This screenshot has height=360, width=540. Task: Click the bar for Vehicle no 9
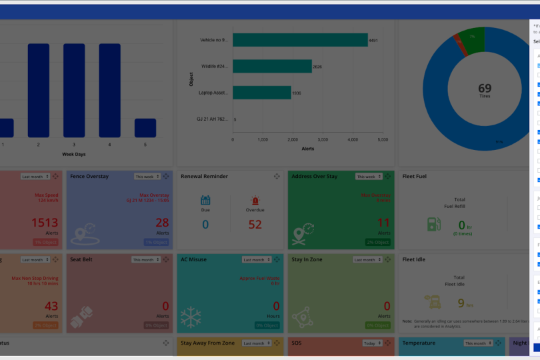[x=300, y=40]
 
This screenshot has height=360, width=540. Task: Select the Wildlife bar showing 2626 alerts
[x=272, y=66]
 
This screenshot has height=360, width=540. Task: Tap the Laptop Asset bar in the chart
[x=261, y=93]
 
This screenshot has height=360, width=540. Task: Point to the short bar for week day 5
[x=145, y=128]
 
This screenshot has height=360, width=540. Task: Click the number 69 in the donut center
[x=485, y=88]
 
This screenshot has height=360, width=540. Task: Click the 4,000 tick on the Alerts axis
[x=353, y=140]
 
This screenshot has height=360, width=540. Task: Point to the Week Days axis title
[x=74, y=154]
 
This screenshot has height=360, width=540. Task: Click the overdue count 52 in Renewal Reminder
[x=255, y=225]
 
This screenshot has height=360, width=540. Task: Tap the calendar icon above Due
[x=205, y=200]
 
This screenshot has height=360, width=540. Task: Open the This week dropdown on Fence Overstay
[x=147, y=177]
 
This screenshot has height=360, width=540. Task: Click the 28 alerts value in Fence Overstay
[x=162, y=223]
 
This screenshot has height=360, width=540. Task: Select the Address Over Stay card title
[x=315, y=177]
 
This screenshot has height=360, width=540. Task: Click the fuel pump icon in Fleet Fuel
[x=435, y=224]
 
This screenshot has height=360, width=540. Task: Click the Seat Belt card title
[x=81, y=260]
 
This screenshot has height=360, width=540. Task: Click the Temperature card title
[x=419, y=343]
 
